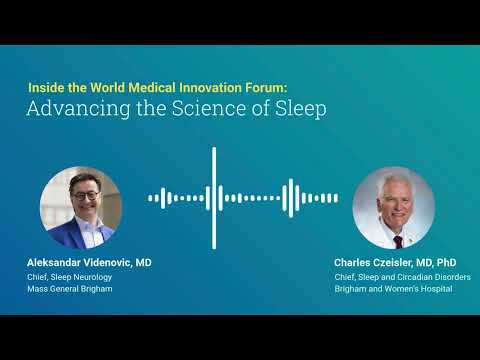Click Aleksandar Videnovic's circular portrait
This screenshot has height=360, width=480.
point(81,207)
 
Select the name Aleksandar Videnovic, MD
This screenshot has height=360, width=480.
point(89,261)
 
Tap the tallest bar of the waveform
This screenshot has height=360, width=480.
point(214,197)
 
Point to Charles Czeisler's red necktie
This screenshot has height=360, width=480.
point(396,240)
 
